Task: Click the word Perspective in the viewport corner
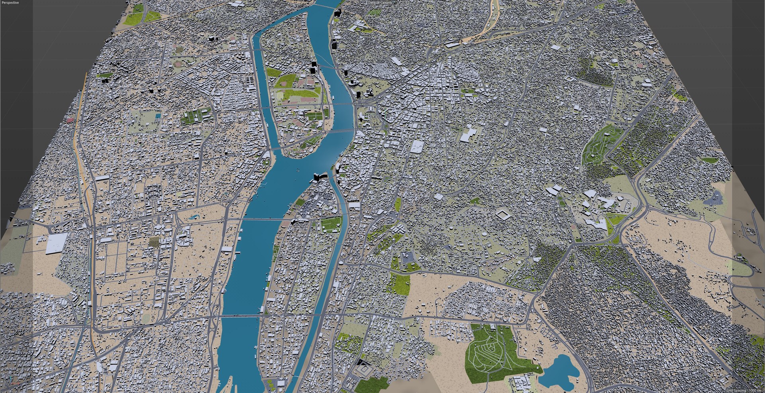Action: point(10,2)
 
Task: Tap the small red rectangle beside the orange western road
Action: point(71,120)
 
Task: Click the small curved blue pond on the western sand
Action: point(194,217)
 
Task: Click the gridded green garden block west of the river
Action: point(195,116)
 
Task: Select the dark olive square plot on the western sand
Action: point(154,241)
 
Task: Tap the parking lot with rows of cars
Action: point(408,257)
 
